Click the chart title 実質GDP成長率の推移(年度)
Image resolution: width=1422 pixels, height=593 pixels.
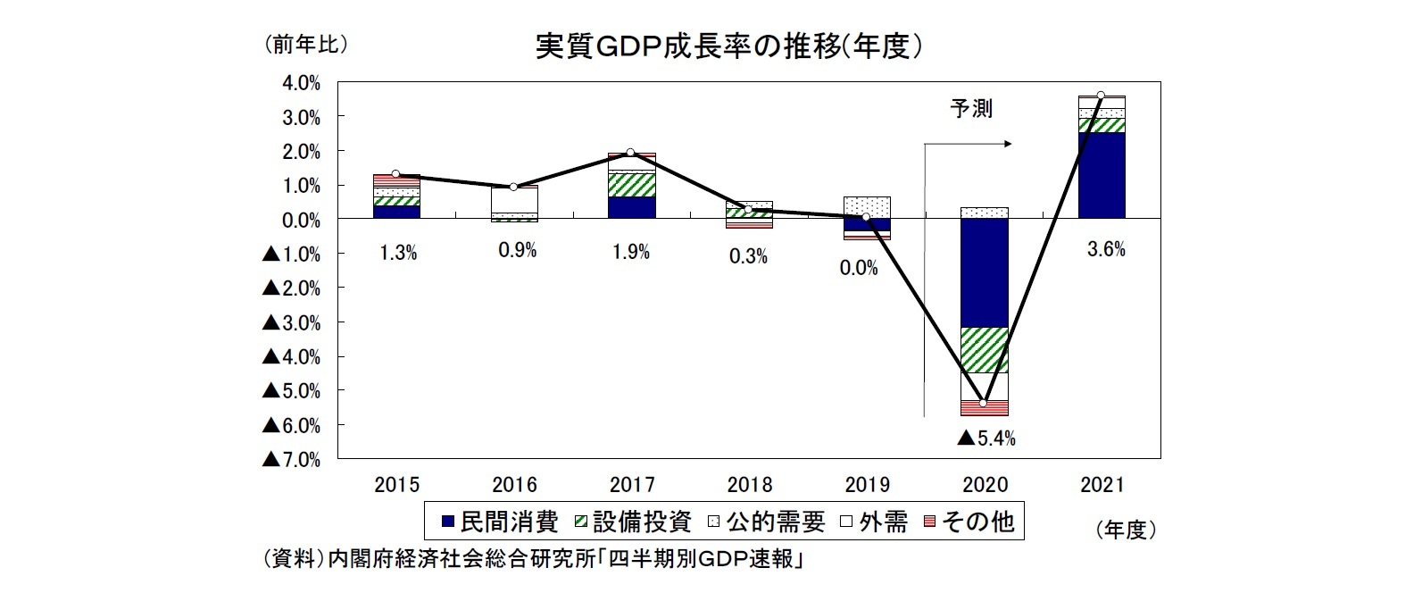click(x=728, y=46)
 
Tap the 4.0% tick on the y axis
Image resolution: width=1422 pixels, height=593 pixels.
click(x=301, y=83)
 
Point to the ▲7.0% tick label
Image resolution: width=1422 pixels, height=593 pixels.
click(x=291, y=459)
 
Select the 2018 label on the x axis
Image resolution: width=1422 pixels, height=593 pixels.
click(x=750, y=485)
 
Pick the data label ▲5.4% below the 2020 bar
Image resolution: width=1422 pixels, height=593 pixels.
click(x=985, y=438)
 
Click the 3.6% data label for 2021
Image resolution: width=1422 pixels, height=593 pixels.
click(x=1105, y=250)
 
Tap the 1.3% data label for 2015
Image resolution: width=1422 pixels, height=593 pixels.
click(x=398, y=253)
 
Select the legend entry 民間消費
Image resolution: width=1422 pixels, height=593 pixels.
click(x=500, y=522)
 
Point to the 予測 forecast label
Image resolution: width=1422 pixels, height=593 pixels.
click(x=970, y=109)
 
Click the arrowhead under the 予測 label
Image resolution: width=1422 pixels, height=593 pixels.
click(x=1008, y=143)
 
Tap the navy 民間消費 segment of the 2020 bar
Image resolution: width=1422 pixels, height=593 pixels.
click(x=985, y=272)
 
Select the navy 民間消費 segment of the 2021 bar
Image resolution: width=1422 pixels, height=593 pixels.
click(x=1102, y=175)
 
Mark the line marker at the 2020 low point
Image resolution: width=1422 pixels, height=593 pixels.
click(x=984, y=404)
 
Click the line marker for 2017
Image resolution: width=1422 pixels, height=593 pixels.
click(x=630, y=153)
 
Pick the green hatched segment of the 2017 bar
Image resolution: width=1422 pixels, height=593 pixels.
click(x=631, y=184)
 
